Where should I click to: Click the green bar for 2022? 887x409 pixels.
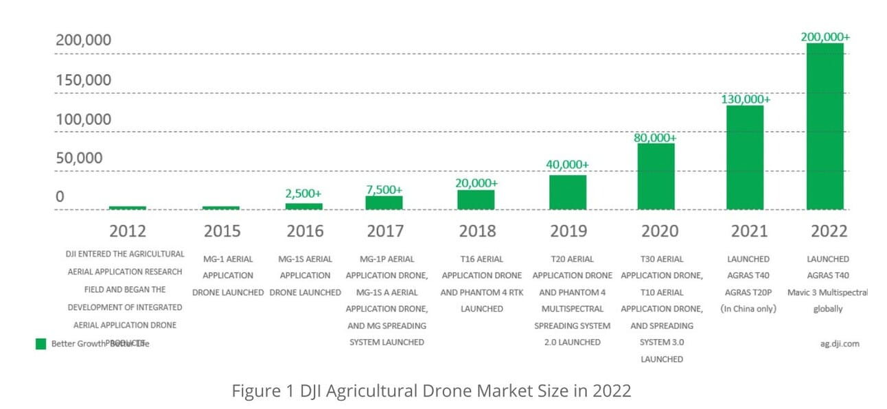pos(825,126)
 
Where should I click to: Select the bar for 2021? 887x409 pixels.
pos(745,157)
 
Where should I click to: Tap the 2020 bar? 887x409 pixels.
pos(656,176)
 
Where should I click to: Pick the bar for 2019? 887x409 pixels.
pos(567,192)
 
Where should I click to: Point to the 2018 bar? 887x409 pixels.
pos(476,200)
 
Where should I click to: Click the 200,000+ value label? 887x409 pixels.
pos(825,37)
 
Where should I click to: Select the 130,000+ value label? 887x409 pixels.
pos(745,99)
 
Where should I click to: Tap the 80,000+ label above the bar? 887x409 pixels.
pos(656,137)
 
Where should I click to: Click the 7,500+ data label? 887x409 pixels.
pos(384,189)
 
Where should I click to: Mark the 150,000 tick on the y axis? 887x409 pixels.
pos(83,80)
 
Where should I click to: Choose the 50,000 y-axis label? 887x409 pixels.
pos(79,158)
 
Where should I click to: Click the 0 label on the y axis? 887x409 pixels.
pos(60,197)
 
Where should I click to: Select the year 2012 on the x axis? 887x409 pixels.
pos(127,231)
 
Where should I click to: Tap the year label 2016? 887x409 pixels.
pos(305,231)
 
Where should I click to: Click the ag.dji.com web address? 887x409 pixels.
pos(839,343)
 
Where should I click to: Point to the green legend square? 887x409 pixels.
pos(41,343)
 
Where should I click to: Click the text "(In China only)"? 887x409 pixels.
pos(748,309)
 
